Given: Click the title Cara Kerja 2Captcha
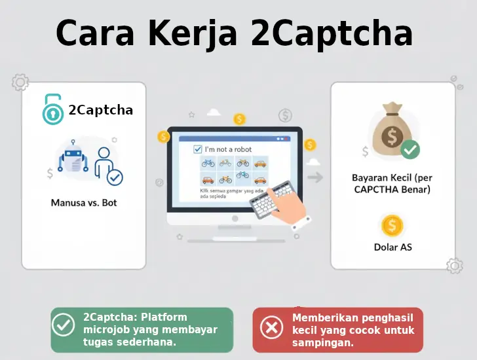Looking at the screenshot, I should (x=234, y=33).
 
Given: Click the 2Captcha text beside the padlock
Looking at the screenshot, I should (x=100, y=110).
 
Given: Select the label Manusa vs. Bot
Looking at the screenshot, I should (x=84, y=203).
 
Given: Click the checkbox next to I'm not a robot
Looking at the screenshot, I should (x=198, y=149).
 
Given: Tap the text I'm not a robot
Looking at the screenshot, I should (x=228, y=149).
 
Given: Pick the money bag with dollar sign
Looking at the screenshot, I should (x=391, y=132).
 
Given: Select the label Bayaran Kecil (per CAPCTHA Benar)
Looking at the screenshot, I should (x=391, y=183).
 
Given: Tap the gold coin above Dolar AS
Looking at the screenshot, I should (x=392, y=226).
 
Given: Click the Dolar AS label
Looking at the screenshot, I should (x=392, y=247).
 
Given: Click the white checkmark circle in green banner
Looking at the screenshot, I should (x=64, y=325).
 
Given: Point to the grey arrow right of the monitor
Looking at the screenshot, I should (x=316, y=177).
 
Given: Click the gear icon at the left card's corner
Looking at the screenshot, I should (x=20, y=82).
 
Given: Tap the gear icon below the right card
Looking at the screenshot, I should (x=454, y=266).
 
